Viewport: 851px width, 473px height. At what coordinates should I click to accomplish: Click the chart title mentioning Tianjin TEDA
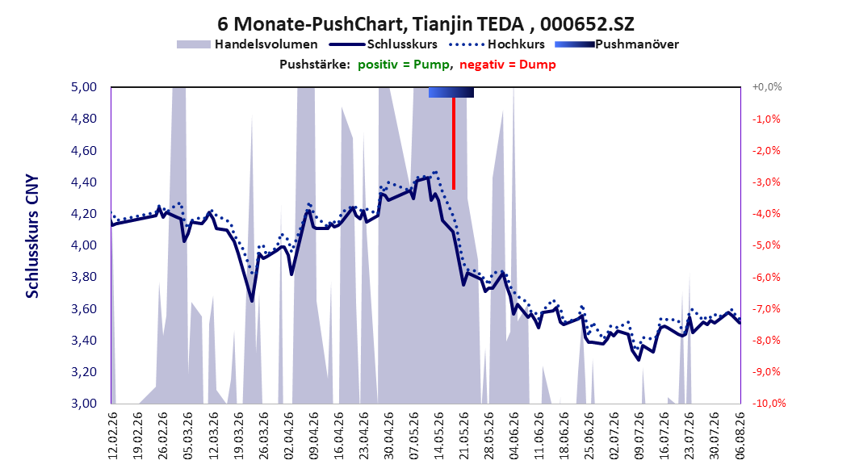tap(425, 24)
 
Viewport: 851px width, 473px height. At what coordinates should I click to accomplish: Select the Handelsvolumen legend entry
tap(248, 44)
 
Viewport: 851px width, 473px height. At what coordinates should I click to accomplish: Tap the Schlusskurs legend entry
tap(384, 44)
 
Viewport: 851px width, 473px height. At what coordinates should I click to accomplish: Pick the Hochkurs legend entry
tap(497, 44)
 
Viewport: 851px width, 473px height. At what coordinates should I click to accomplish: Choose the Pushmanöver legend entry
tap(617, 44)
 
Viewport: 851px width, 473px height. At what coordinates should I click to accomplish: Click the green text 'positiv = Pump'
tap(404, 65)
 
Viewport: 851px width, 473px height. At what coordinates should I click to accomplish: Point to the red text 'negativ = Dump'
tap(508, 65)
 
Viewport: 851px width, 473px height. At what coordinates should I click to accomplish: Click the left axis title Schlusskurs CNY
tap(32, 236)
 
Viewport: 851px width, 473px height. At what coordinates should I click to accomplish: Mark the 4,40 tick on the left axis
tap(84, 182)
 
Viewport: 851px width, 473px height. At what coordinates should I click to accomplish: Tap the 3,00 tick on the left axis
tap(84, 404)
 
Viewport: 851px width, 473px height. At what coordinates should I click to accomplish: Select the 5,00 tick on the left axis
tap(84, 87)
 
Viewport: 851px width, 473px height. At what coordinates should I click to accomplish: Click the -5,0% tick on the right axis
tap(765, 245)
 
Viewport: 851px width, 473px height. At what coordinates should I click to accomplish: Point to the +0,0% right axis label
tap(766, 87)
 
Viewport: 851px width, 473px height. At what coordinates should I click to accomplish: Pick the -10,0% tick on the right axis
tap(769, 403)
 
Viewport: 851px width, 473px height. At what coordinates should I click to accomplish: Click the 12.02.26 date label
tap(113, 436)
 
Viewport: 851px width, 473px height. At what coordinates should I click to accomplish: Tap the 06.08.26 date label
tap(740, 436)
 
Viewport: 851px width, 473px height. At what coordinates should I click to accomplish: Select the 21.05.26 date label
tap(463, 436)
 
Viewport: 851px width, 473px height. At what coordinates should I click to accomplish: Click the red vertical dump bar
tap(454, 144)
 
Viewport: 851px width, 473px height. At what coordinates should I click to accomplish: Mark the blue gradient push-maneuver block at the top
tap(451, 92)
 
